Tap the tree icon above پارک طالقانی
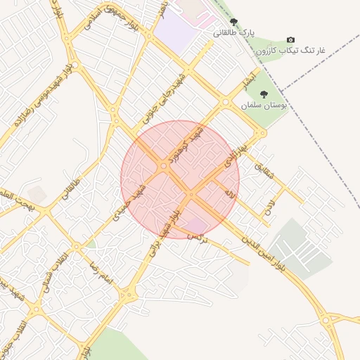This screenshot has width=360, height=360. coord(234,22)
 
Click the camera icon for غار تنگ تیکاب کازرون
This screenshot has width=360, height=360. coord(291,41)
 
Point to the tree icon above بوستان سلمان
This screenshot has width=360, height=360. coord(264,94)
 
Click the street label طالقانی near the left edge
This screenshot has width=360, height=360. coord(71,191)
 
